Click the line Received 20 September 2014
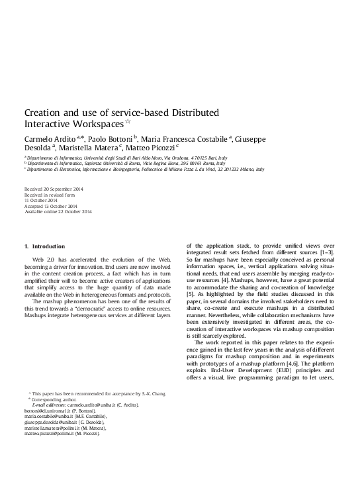pos(53,189)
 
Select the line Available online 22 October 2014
pos(58,211)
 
